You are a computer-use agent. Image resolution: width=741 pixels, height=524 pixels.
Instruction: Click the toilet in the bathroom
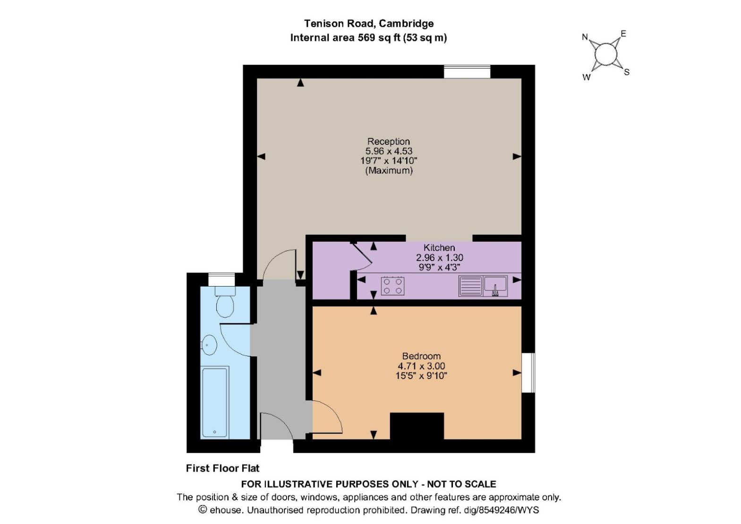coord(225,302)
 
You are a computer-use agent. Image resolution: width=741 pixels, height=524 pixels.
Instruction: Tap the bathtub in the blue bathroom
coord(215,402)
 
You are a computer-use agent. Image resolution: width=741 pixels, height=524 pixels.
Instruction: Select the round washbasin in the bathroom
coord(209,345)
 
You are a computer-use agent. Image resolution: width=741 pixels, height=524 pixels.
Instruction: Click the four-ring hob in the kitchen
coord(392,286)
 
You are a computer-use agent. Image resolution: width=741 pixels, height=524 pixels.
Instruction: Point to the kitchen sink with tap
coord(495,286)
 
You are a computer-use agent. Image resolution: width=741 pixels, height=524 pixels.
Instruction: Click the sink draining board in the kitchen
coord(470,286)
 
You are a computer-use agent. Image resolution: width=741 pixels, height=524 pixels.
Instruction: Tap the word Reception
coord(388,142)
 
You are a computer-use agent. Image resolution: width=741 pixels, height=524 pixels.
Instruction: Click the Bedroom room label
coord(421,356)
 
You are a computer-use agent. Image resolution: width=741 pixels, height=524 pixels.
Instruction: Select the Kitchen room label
coord(439,248)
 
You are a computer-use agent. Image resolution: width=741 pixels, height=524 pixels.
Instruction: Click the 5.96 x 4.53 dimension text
coord(389,151)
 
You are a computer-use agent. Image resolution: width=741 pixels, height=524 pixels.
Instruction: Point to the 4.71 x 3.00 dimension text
coord(421,366)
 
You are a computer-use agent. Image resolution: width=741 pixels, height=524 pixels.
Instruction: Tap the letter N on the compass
coord(585,37)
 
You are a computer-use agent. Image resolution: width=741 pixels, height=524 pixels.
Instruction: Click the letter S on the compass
coord(627,72)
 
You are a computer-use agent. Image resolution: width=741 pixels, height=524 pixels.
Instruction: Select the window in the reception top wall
coord(467,72)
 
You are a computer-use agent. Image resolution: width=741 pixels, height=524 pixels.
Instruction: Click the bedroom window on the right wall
coord(528,372)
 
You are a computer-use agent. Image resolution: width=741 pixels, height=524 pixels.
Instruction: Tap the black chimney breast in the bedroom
coord(417,426)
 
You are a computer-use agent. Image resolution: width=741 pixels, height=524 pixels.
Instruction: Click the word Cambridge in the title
coord(406,24)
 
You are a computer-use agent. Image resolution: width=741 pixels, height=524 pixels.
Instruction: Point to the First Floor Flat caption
coord(222,468)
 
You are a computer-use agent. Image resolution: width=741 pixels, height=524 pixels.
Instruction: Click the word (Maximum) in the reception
coord(389,170)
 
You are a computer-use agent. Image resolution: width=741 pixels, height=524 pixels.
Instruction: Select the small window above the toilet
coord(221,279)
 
